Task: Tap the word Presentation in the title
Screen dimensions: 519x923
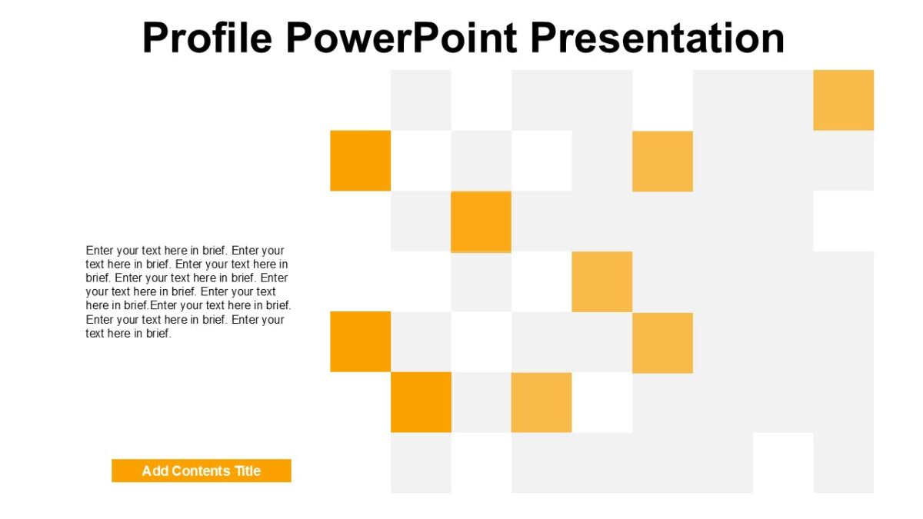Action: (658, 38)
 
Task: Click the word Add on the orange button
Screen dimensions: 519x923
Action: (155, 471)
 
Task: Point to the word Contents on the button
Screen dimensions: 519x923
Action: (202, 471)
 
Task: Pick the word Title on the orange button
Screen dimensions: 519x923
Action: (248, 471)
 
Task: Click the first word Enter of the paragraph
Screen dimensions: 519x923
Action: (102, 251)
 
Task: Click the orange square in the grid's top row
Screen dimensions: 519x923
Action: (844, 100)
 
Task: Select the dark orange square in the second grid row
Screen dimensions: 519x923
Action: (360, 161)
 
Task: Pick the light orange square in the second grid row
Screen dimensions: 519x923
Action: (662, 161)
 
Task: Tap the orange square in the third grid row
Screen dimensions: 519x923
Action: (481, 221)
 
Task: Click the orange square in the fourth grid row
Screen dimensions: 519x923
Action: (602, 281)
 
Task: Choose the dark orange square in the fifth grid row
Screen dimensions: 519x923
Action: (360, 341)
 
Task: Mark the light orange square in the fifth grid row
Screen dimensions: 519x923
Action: (662, 342)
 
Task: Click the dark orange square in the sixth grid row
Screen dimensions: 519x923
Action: (421, 402)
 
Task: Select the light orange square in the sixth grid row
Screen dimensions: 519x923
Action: (541, 402)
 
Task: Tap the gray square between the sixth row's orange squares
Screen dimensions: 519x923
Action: (481, 402)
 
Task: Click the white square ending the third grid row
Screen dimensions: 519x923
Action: (844, 221)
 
